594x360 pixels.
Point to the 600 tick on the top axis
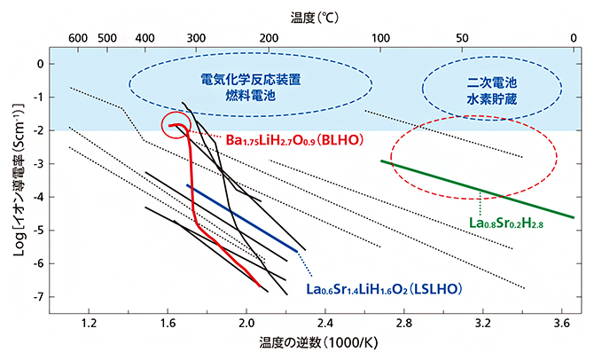click(x=77, y=38)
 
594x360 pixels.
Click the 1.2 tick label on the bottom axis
click(x=89, y=325)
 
